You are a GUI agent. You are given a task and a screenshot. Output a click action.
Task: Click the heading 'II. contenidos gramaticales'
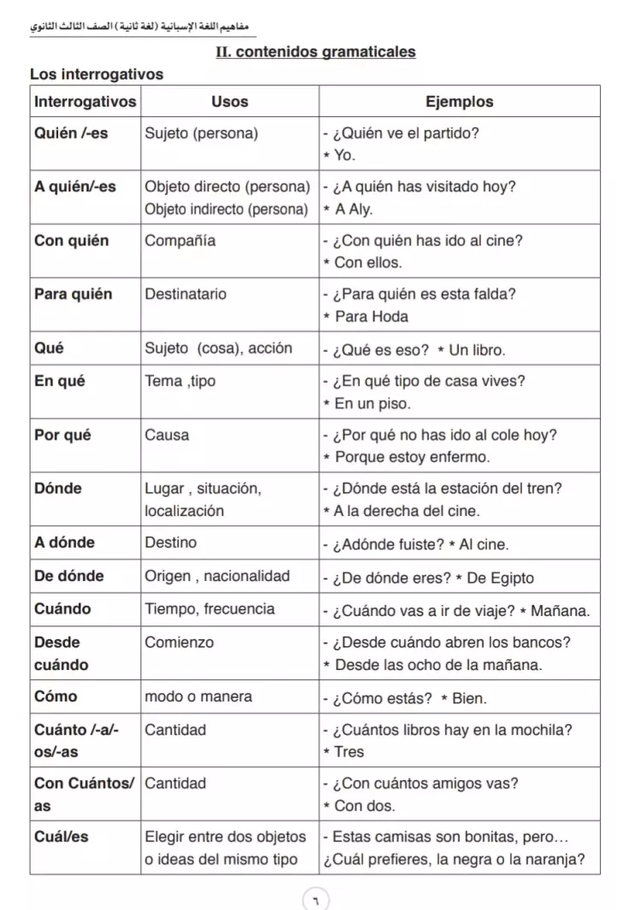point(315,52)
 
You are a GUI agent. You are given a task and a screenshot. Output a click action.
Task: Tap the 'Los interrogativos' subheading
point(96,74)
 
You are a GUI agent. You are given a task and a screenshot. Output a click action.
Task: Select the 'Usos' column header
point(229,102)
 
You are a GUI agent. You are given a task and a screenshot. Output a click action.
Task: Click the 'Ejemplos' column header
point(459,102)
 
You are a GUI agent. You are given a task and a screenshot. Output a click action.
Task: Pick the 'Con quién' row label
point(72,241)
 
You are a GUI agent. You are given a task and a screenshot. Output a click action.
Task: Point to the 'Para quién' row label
point(74,295)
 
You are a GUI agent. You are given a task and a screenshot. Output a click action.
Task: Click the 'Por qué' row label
point(62,435)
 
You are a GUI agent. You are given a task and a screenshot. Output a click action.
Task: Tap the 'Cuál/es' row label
point(61,837)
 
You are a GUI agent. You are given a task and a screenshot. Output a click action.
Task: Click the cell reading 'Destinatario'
point(185,295)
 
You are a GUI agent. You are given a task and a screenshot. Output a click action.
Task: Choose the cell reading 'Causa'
point(167,435)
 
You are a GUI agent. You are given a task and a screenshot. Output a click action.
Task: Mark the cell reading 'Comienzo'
point(179,642)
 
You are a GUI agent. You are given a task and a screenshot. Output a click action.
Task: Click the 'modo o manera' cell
point(198,696)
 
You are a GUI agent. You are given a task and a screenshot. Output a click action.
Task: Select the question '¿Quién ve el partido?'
point(404,133)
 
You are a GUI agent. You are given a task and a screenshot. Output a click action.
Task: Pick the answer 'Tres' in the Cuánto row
point(349,752)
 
